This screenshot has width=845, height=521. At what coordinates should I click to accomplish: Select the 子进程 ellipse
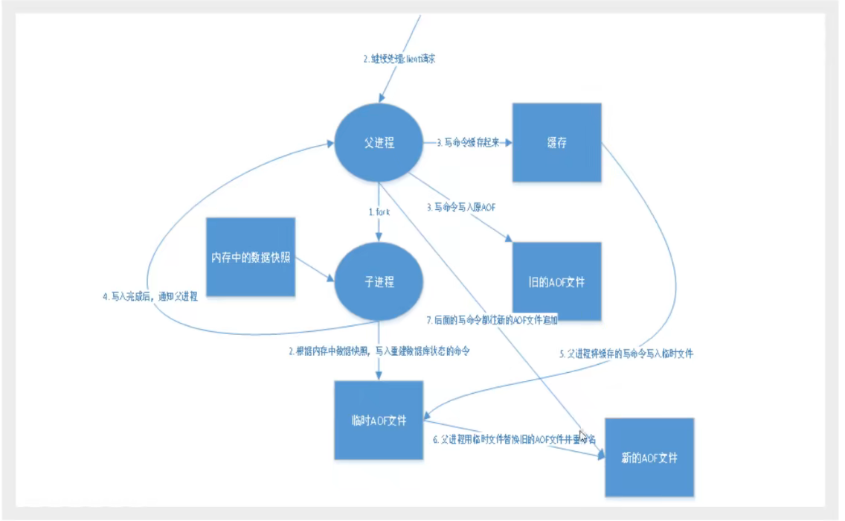tap(379, 281)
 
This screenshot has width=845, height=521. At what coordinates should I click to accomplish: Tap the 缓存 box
tap(556, 143)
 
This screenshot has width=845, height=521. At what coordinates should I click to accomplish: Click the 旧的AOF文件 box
tap(556, 281)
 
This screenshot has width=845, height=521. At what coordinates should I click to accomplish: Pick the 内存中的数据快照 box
tap(251, 258)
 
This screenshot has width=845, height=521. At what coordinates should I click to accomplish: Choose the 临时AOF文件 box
tap(379, 421)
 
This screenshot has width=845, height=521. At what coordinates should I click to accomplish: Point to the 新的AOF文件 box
tap(649, 457)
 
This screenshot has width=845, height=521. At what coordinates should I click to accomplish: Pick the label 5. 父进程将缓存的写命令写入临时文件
tap(626, 354)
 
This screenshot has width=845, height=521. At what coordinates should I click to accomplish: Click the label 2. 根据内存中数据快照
tap(379, 350)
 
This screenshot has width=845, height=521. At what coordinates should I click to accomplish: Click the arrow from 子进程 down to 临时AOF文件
tap(379, 365)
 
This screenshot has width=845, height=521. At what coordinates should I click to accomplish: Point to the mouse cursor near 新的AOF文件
tap(584, 438)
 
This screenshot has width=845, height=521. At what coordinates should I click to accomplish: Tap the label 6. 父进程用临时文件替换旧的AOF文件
tap(513, 439)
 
